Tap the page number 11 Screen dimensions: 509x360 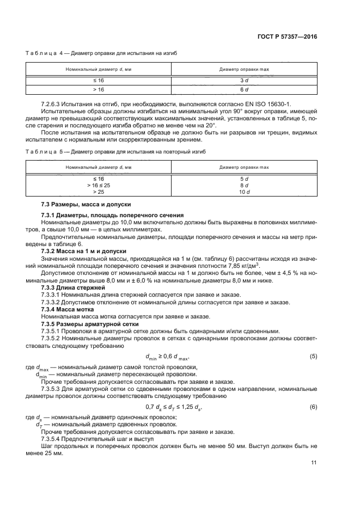pyautogui.click(x=314, y=463)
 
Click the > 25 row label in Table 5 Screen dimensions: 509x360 pyautogui.click(x=99, y=192)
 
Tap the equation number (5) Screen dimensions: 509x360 pyautogui.click(x=313, y=357)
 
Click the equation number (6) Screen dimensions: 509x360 pyautogui.click(x=313, y=407)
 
